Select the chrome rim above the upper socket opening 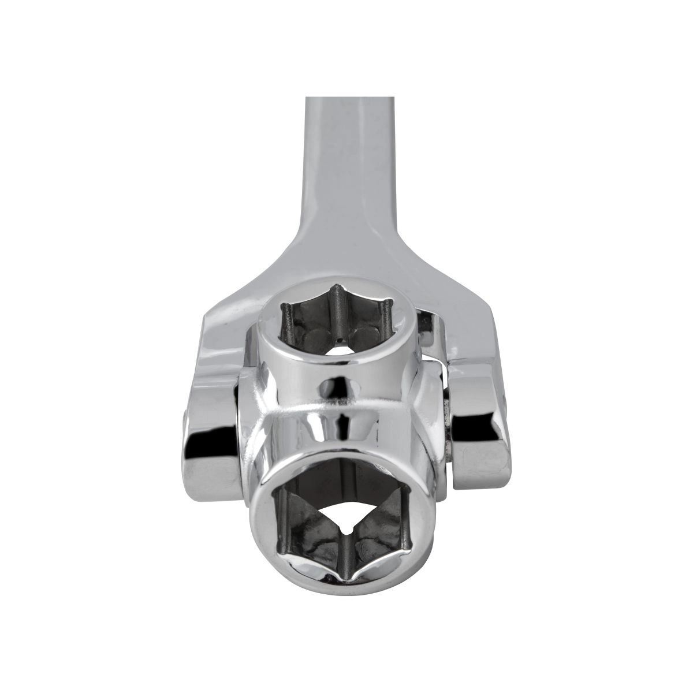pos(335,280)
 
